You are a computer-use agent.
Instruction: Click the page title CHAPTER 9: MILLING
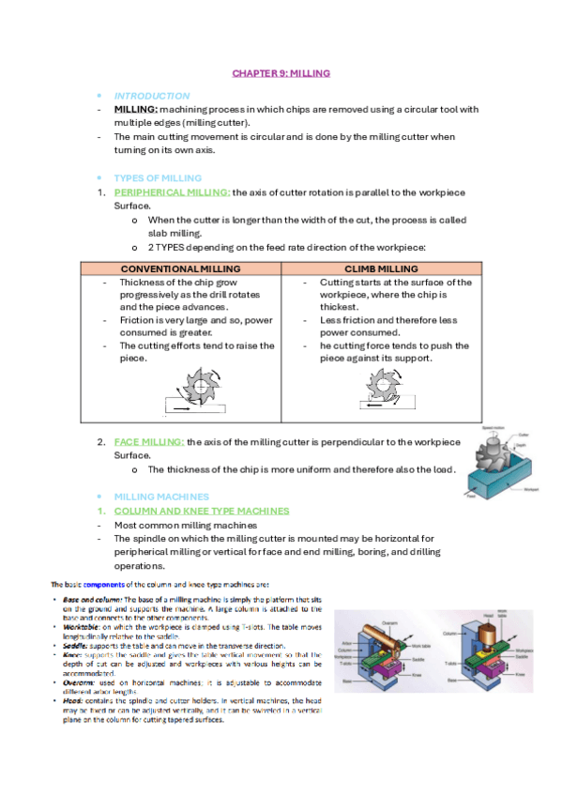[281, 72]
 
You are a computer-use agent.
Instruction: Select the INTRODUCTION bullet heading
[151, 96]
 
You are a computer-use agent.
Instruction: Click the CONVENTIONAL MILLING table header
[181, 268]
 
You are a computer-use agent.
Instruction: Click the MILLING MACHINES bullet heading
[160, 496]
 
